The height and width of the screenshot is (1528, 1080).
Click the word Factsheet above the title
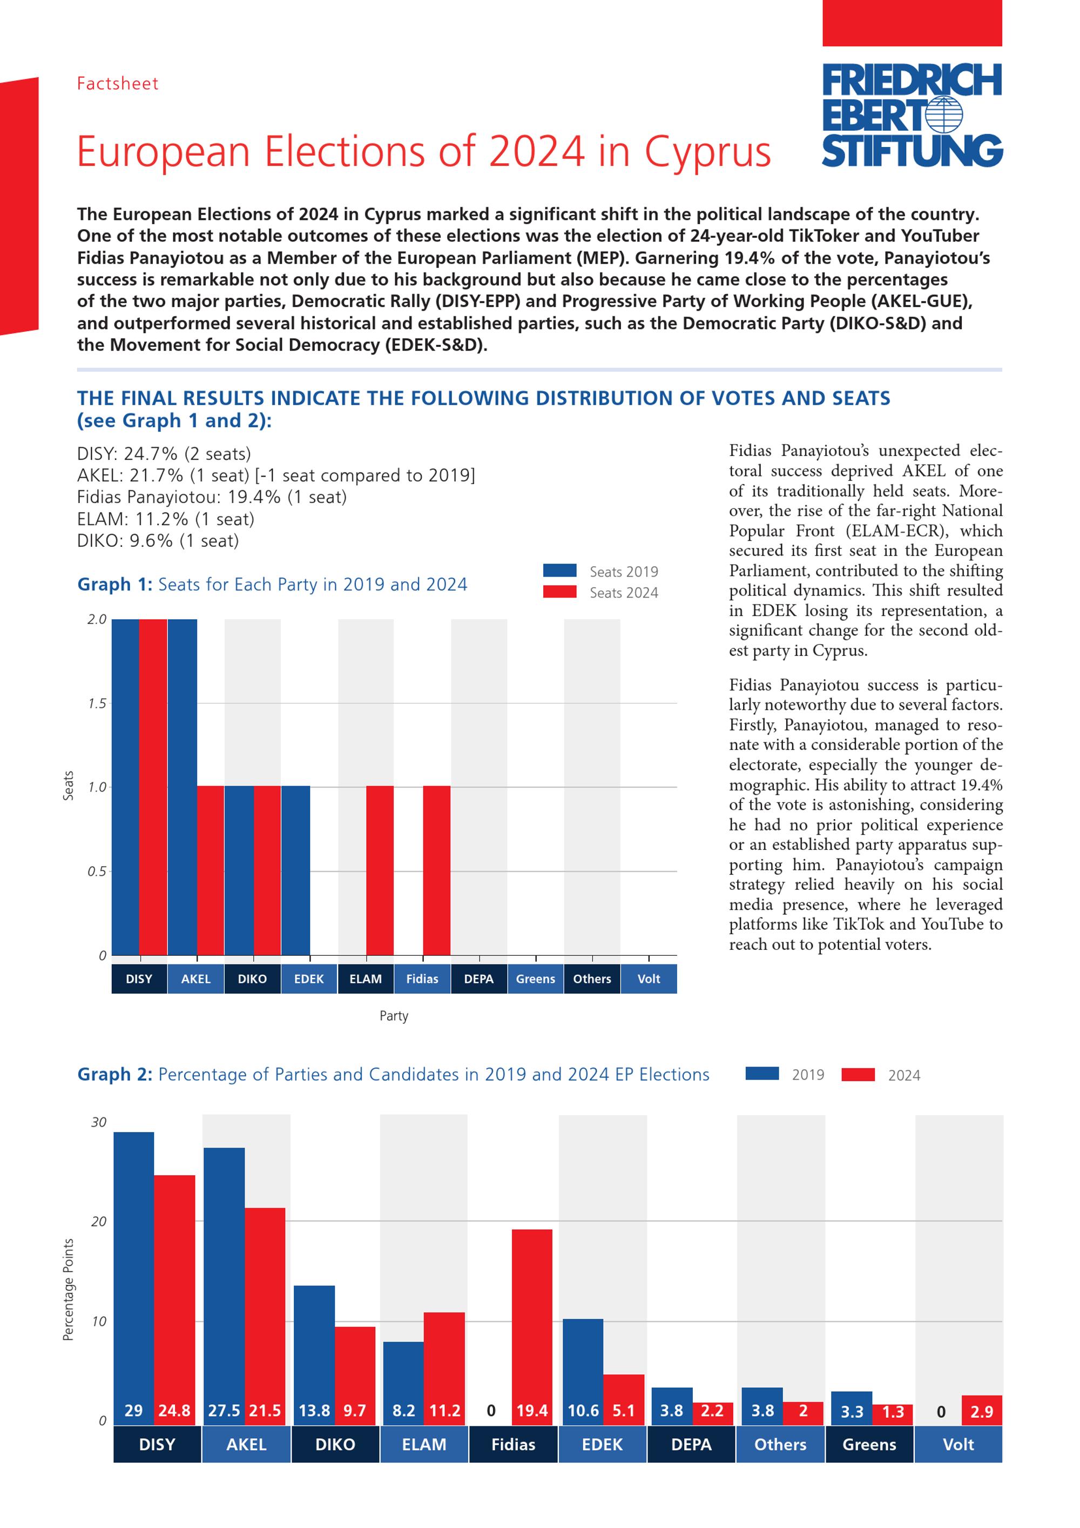tap(118, 84)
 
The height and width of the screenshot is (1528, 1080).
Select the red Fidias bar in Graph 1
tap(436, 870)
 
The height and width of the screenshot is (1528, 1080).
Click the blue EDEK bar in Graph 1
tap(295, 870)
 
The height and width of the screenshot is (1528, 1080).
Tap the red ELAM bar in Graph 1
tap(380, 870)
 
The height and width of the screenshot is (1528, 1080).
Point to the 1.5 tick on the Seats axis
tap(97, 703)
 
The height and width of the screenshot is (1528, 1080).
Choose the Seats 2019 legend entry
tap(600, 572)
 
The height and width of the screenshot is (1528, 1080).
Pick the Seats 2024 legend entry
tap(600, 592)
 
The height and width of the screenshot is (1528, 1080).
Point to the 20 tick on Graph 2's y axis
tap(98, 1221)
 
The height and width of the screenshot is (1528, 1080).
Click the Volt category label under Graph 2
tap(959, 1444)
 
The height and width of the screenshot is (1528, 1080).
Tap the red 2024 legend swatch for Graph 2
tap(858, 1075)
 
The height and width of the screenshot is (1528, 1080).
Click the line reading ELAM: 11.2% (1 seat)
tap(166, 519)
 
